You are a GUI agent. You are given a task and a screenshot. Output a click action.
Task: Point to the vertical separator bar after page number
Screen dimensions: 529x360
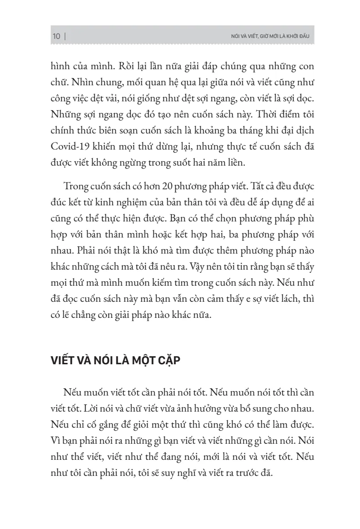(x=65, y=37)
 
